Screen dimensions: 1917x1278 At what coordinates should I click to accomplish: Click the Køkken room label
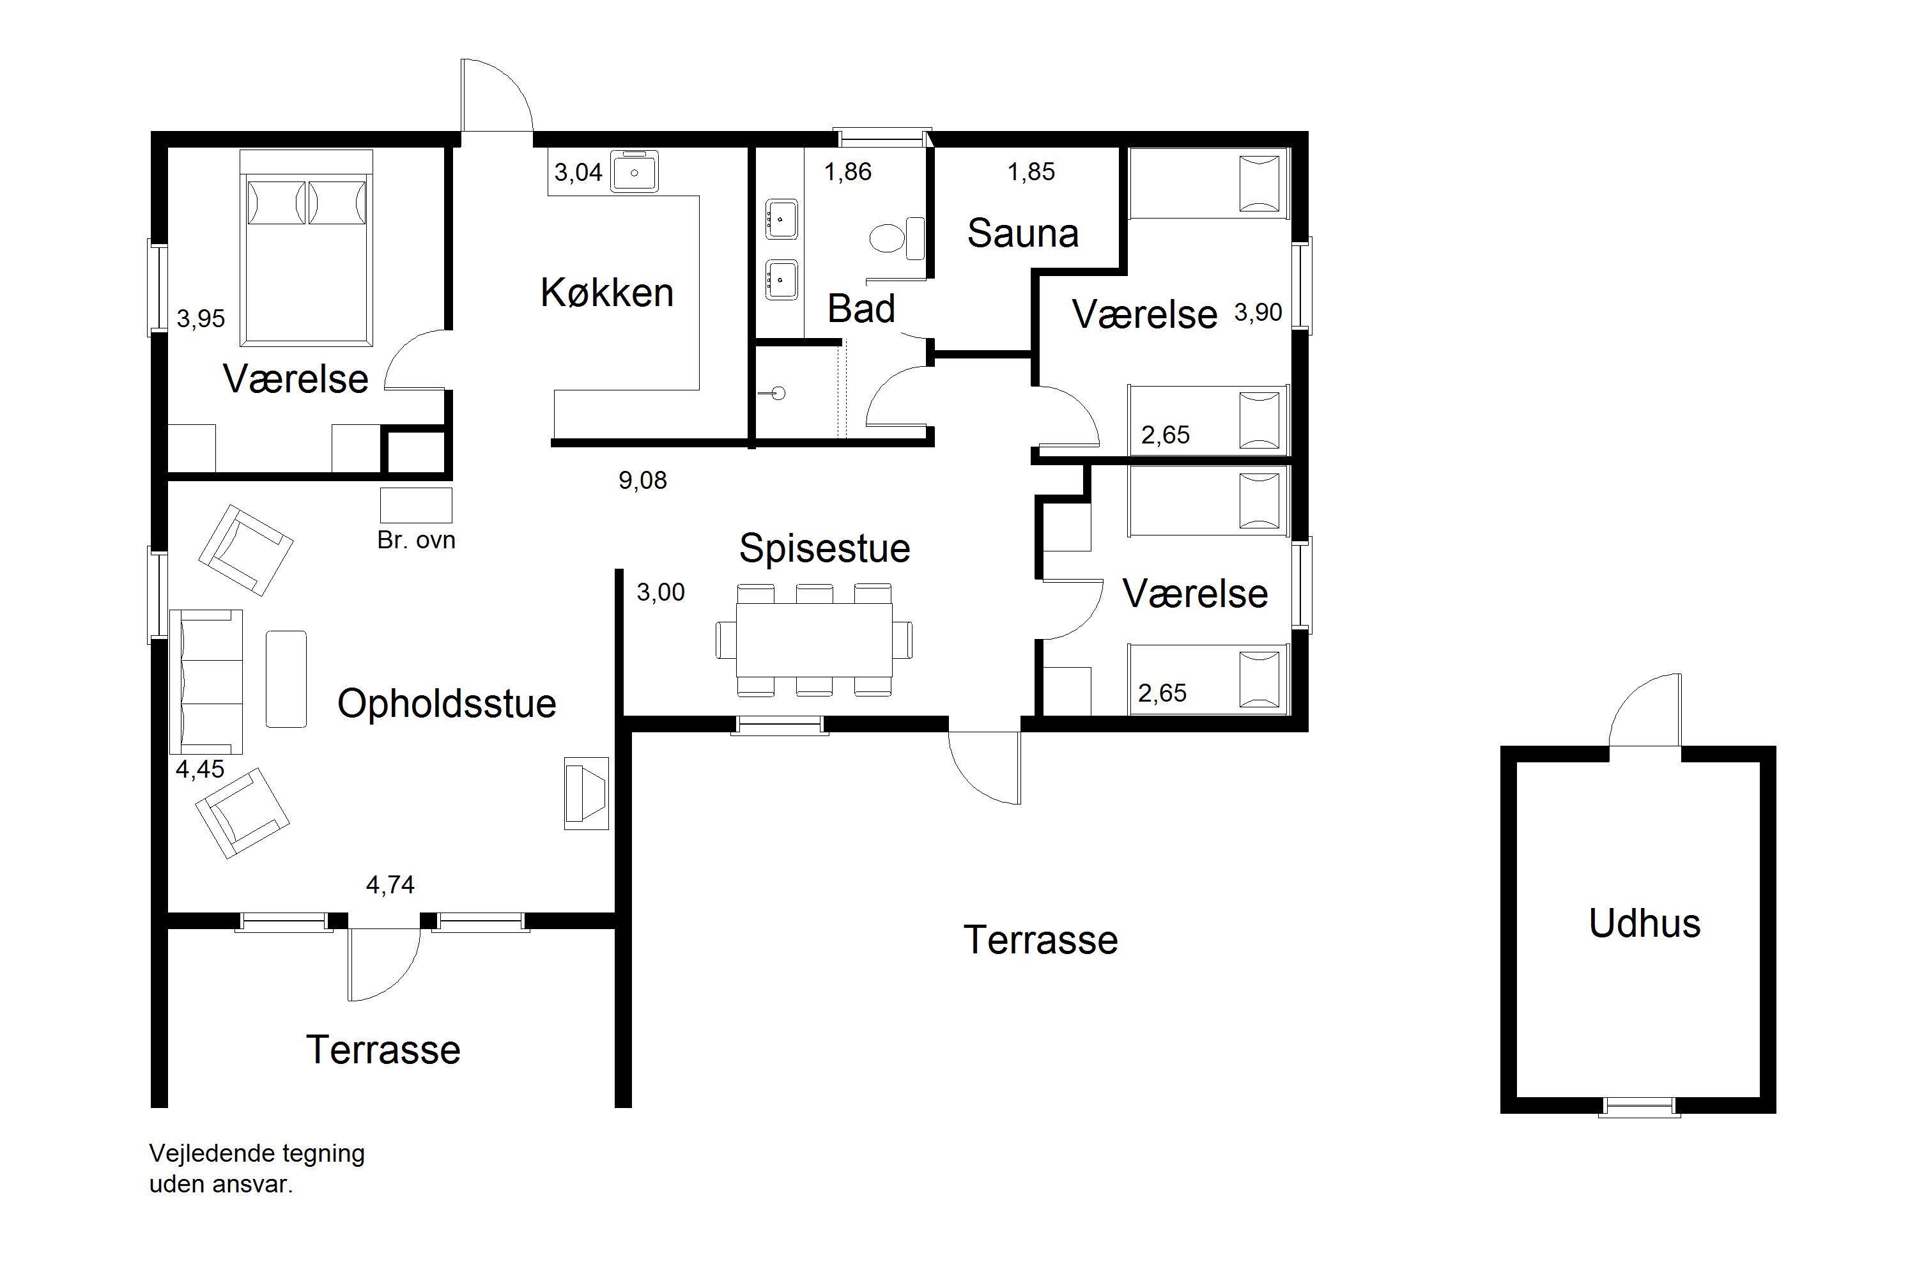(607, 293)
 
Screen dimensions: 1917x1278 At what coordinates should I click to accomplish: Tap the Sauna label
(1023, 233)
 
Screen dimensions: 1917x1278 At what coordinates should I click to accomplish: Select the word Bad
(861, 308)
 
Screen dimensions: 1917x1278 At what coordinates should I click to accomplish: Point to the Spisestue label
(824, 548)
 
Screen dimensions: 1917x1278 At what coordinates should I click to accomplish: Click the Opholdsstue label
(447, 704)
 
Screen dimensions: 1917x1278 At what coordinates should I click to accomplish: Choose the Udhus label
(1645, 923)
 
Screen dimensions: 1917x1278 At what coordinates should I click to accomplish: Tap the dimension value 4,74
(390, 884)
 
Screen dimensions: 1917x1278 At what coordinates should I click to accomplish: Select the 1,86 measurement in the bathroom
(848, 172)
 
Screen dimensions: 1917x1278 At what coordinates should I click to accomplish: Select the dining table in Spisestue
(814, 640)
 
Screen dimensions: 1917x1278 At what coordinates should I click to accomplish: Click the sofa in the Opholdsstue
(206, 681)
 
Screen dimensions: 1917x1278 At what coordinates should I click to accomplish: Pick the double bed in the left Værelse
(307, 248)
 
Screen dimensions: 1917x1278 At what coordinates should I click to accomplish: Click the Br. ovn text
(416, 539)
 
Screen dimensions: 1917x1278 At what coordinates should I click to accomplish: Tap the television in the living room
(587, 794)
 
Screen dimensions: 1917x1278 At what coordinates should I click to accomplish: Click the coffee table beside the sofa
(286, 679)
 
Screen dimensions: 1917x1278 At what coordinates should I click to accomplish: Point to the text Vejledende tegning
(257, 1153)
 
